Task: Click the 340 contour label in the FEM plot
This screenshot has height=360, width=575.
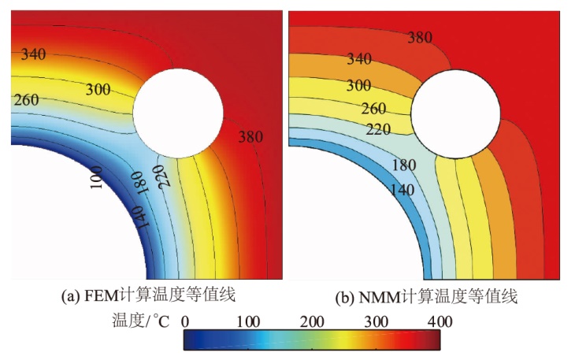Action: pos(33,54)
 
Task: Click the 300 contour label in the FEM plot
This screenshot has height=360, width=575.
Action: pos(98,90)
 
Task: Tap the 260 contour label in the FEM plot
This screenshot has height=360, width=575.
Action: pos(25,100)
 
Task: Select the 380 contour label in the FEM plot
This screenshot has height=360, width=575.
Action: pos(250,136)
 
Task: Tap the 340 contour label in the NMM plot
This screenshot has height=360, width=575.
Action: pos(358,59)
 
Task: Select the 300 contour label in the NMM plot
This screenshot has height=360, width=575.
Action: pos(358,85)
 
